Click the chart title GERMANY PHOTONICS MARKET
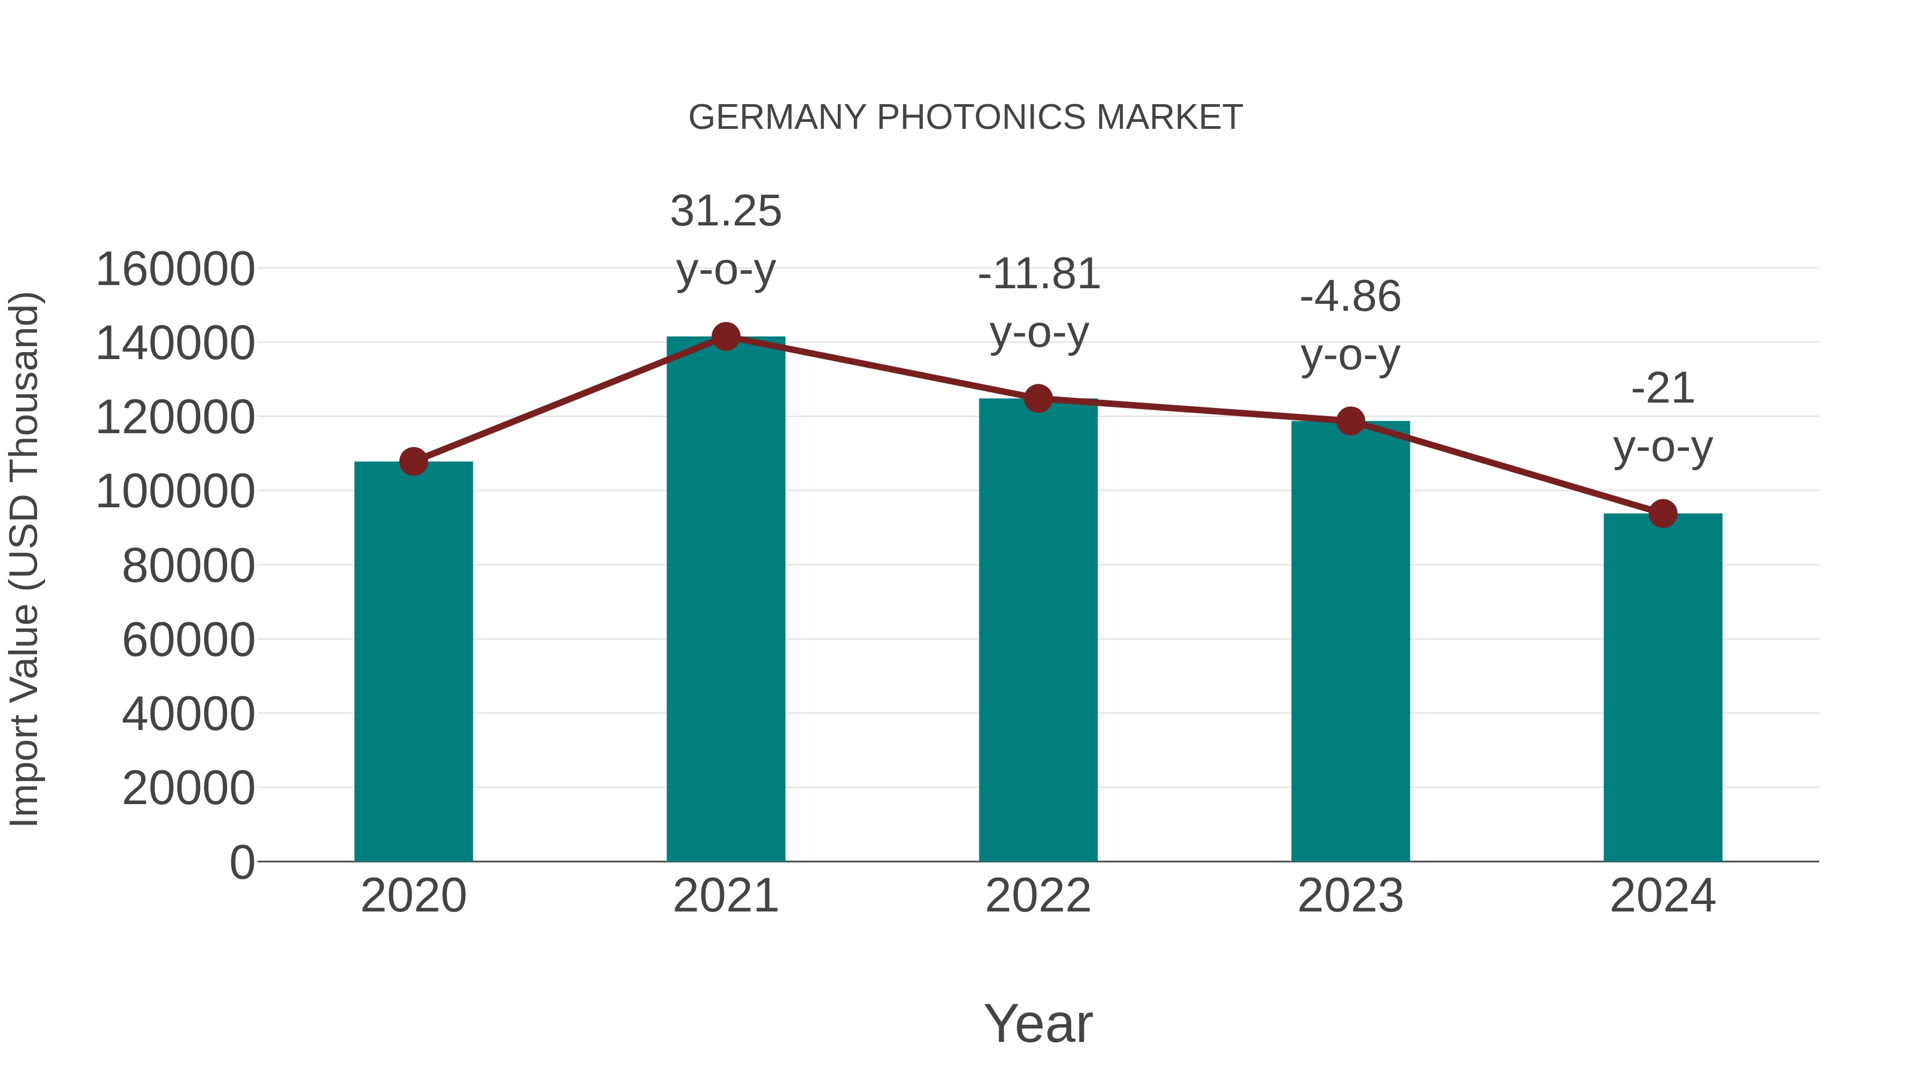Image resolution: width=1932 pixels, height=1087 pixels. (965, 118)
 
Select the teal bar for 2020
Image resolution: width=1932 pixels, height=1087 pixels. (413, 660)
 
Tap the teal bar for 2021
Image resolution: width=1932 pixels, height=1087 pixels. (725, 600)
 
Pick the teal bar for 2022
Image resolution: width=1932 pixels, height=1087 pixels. (1038, 630)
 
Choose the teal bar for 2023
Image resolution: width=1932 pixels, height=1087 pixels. (1350, 641)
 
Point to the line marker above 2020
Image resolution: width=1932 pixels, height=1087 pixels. (413, 461)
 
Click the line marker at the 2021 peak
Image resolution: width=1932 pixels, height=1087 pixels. (725, 337)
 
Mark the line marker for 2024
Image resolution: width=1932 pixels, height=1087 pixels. (1663, 514)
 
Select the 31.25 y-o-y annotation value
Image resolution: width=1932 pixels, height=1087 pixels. (725, 211)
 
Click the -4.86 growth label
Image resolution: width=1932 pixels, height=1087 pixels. (1350, 297)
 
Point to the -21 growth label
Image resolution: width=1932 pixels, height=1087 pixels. (1663, 389)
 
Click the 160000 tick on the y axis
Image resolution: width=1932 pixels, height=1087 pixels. (175, 269)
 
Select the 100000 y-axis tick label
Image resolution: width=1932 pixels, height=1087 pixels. (175, 492)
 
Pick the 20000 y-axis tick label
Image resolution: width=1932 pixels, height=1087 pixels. (188, 789)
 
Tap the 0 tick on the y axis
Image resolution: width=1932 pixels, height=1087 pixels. (242, 863)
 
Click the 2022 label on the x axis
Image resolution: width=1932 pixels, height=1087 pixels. (1038, 896)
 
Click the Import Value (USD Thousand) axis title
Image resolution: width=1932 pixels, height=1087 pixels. (24, 560)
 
